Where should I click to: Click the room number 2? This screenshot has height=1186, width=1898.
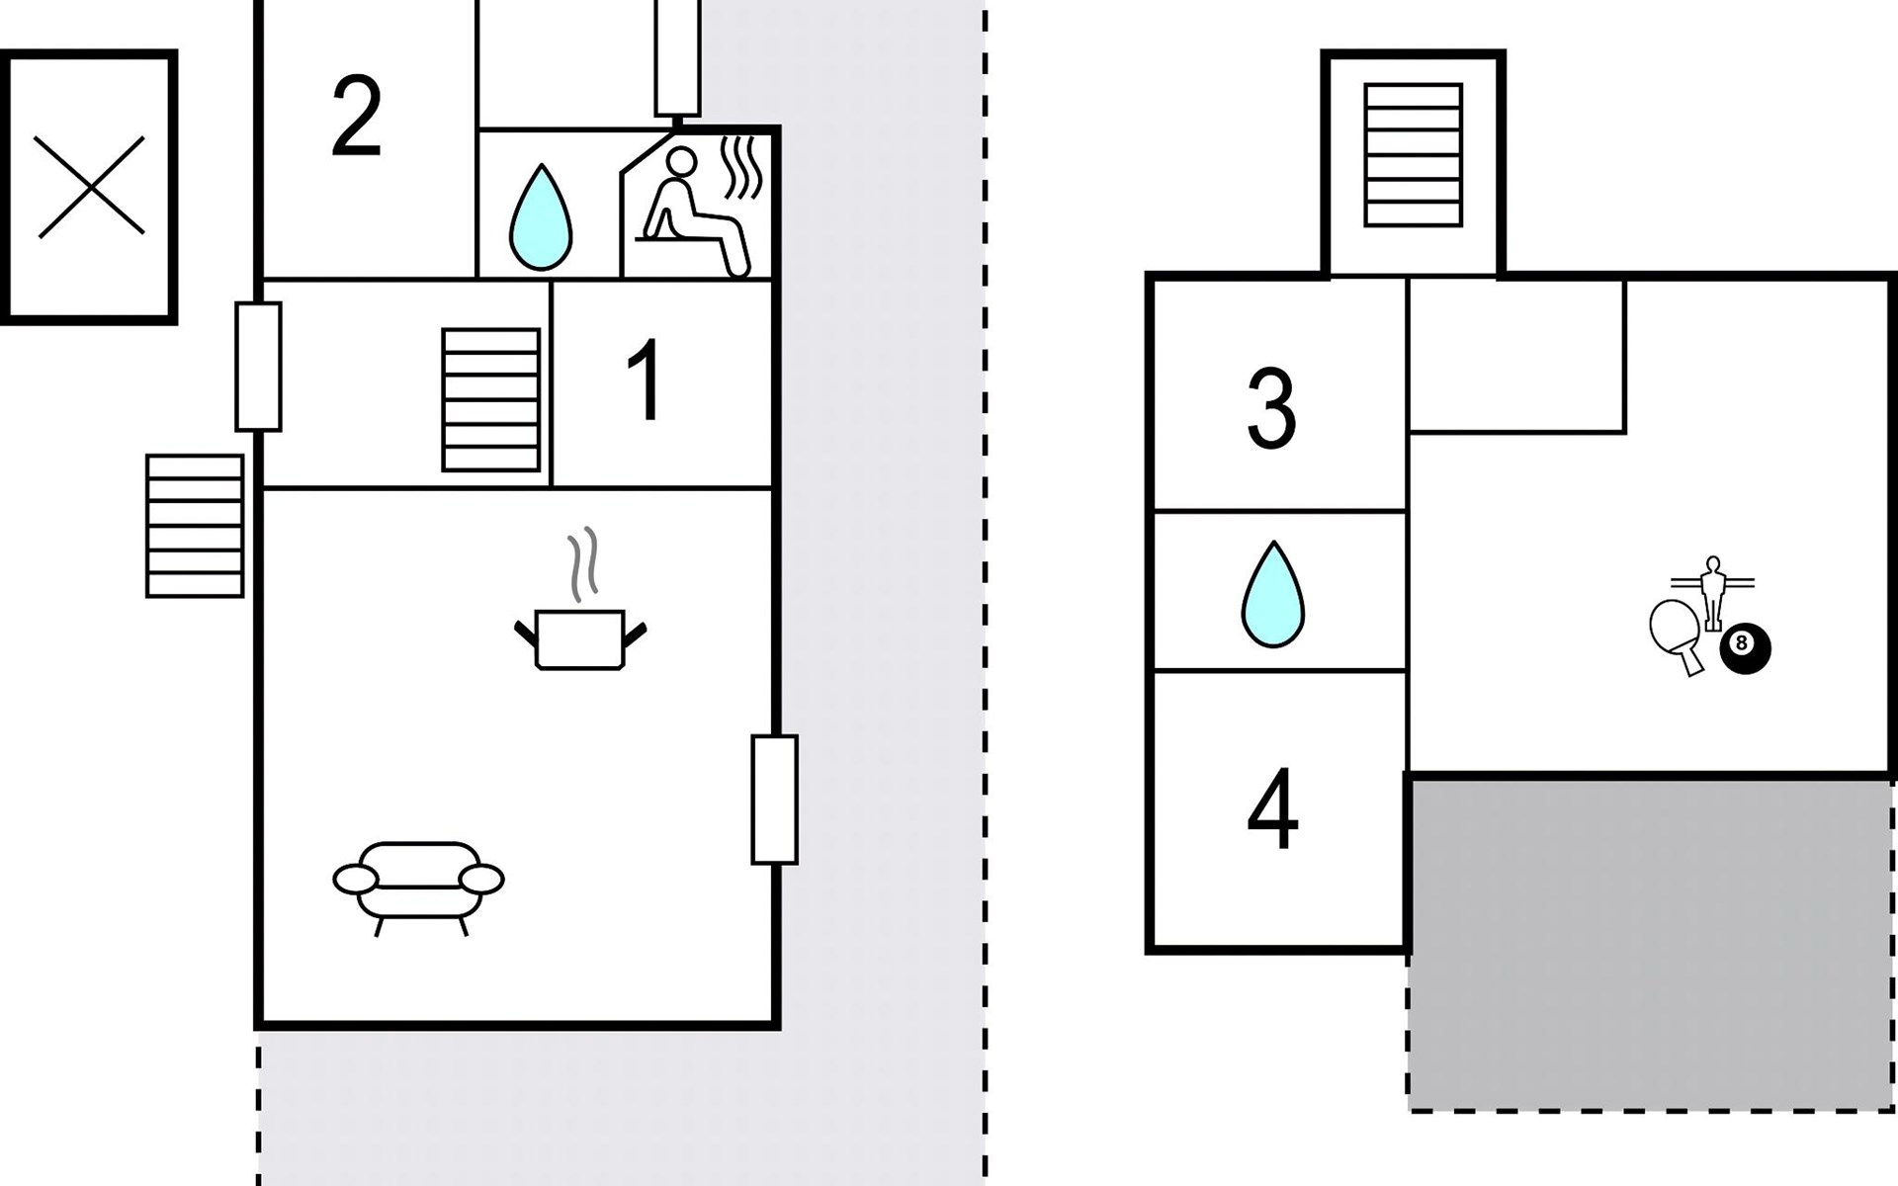356,117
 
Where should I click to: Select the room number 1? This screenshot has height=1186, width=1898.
645,381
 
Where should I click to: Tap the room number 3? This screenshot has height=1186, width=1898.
1271,408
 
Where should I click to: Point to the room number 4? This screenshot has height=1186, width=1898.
1272,809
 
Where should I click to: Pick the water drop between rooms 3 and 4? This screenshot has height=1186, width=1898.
1273,595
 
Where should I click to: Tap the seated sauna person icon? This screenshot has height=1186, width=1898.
692,212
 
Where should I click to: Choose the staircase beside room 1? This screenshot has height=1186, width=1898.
491,400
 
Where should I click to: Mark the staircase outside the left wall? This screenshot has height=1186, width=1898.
195,526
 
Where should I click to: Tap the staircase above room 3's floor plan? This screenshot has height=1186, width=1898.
1413,155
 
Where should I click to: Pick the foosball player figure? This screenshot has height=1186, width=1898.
1712,591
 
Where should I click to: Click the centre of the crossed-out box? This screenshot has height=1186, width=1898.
90,187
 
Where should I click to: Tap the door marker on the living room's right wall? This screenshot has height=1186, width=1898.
774,800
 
